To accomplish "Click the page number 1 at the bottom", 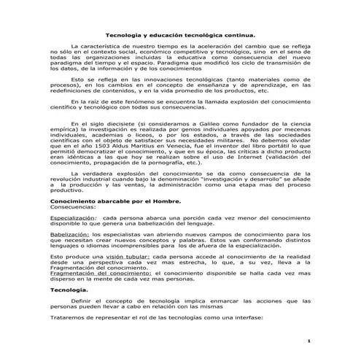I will coord(310,341).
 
